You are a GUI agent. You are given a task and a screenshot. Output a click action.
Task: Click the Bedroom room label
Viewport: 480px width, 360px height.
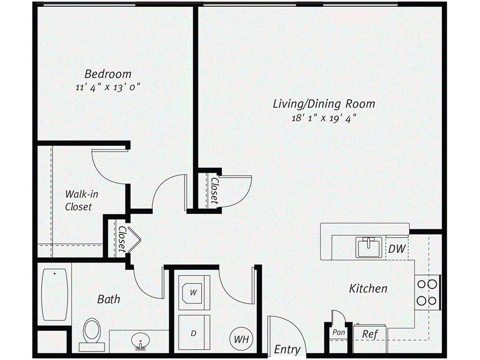click(x=108, y=74)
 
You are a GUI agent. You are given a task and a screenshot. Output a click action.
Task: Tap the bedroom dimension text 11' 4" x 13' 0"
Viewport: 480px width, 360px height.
click(x=108, y=87)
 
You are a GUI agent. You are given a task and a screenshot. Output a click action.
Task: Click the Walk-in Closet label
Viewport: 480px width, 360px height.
click(x=78, y=200)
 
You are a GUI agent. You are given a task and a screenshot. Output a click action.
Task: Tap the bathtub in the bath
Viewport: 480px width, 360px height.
click(x=55, y=294)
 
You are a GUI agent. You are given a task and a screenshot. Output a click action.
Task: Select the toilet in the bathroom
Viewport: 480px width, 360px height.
click(x=92, y=332)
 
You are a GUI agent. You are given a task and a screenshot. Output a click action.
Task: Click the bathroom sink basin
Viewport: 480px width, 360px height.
click(x=140, y=340)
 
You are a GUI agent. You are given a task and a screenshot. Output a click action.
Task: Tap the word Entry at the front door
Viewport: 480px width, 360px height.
click(x=287, y=350)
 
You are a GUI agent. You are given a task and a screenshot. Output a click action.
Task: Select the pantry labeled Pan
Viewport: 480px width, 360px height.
click(x=338, y=332)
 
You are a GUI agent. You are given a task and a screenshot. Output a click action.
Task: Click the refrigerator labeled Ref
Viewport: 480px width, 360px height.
click(x=370, y=334)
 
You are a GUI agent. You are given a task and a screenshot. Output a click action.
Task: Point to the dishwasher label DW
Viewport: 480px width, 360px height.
click(x=397, y=249)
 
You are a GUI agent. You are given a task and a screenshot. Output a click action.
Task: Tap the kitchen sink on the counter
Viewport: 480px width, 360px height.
click(x=370, y=247)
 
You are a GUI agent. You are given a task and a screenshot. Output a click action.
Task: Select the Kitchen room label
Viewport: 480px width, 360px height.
click(x=368, y=288)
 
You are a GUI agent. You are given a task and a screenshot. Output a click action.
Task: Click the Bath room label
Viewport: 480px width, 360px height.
click(x=109, y=299)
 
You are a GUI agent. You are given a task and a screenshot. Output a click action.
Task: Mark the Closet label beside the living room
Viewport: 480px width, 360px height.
click(x=214, y=190)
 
